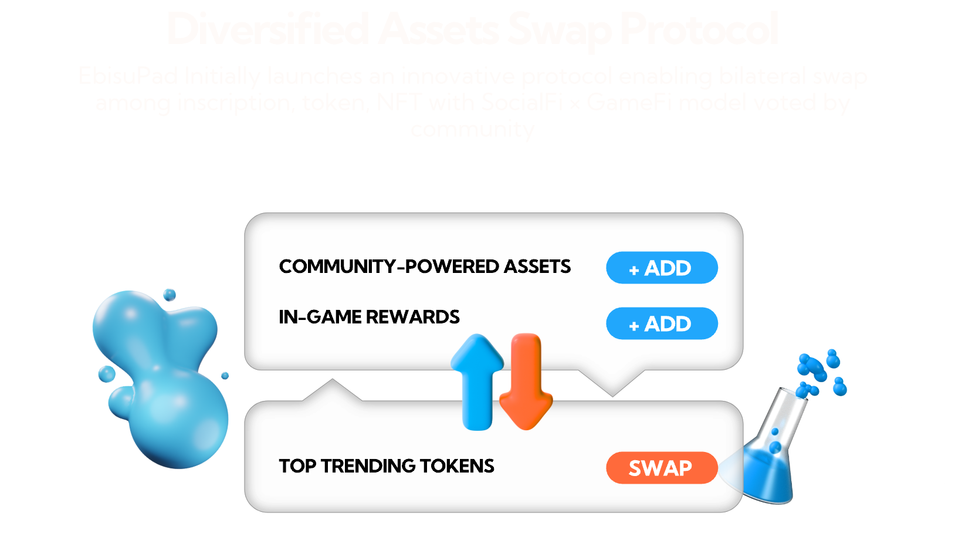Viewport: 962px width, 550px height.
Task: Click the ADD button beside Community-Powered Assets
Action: tap(662, 268)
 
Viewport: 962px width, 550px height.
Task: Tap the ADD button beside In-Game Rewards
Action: tap(662, 323)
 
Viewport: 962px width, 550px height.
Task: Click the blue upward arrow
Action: tap(477, 382)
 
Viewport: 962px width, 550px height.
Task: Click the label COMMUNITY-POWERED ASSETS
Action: tap(425, 266)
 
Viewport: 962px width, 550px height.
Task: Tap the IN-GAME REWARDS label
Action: tap(369, 317)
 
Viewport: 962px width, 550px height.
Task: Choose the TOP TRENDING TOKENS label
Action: tap(387, 466)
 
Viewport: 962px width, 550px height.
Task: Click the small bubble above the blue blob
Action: tap(170, 294)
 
